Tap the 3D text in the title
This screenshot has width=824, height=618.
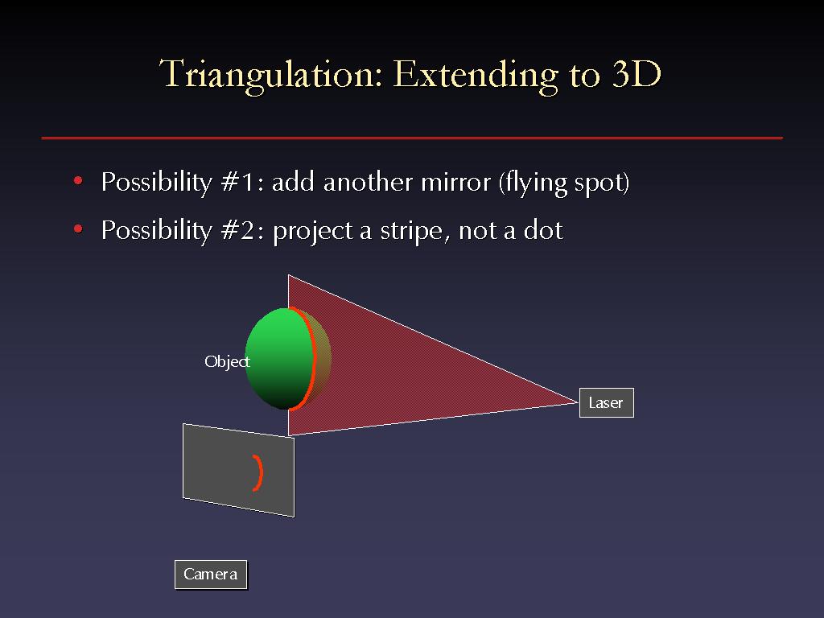click(637, 73)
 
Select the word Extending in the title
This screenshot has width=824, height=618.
click(475, 76)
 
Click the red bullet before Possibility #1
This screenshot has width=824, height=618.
click(78, 181)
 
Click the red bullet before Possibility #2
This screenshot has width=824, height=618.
click(78, 229)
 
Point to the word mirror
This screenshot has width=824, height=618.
click(456, 182)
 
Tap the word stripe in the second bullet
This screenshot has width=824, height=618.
click(411, 231)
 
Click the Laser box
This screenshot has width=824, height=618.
click(607, 402)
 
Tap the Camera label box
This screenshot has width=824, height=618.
click(211, 575)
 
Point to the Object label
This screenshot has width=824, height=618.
click(227, 361)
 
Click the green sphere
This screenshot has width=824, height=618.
click(278, 358)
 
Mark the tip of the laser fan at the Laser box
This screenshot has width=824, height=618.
click(578, 402)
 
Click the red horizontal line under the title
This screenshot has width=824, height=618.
click(412, 138)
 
